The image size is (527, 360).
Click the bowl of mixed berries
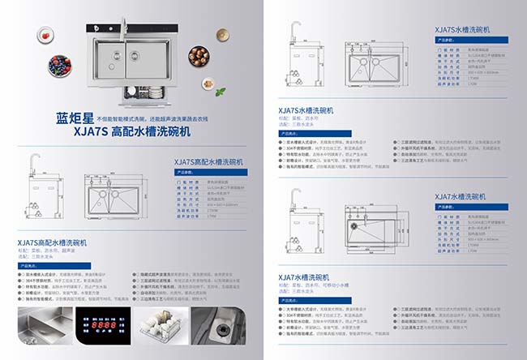[x=60, y=64]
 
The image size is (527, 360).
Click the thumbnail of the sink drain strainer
[x=221, y=333]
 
